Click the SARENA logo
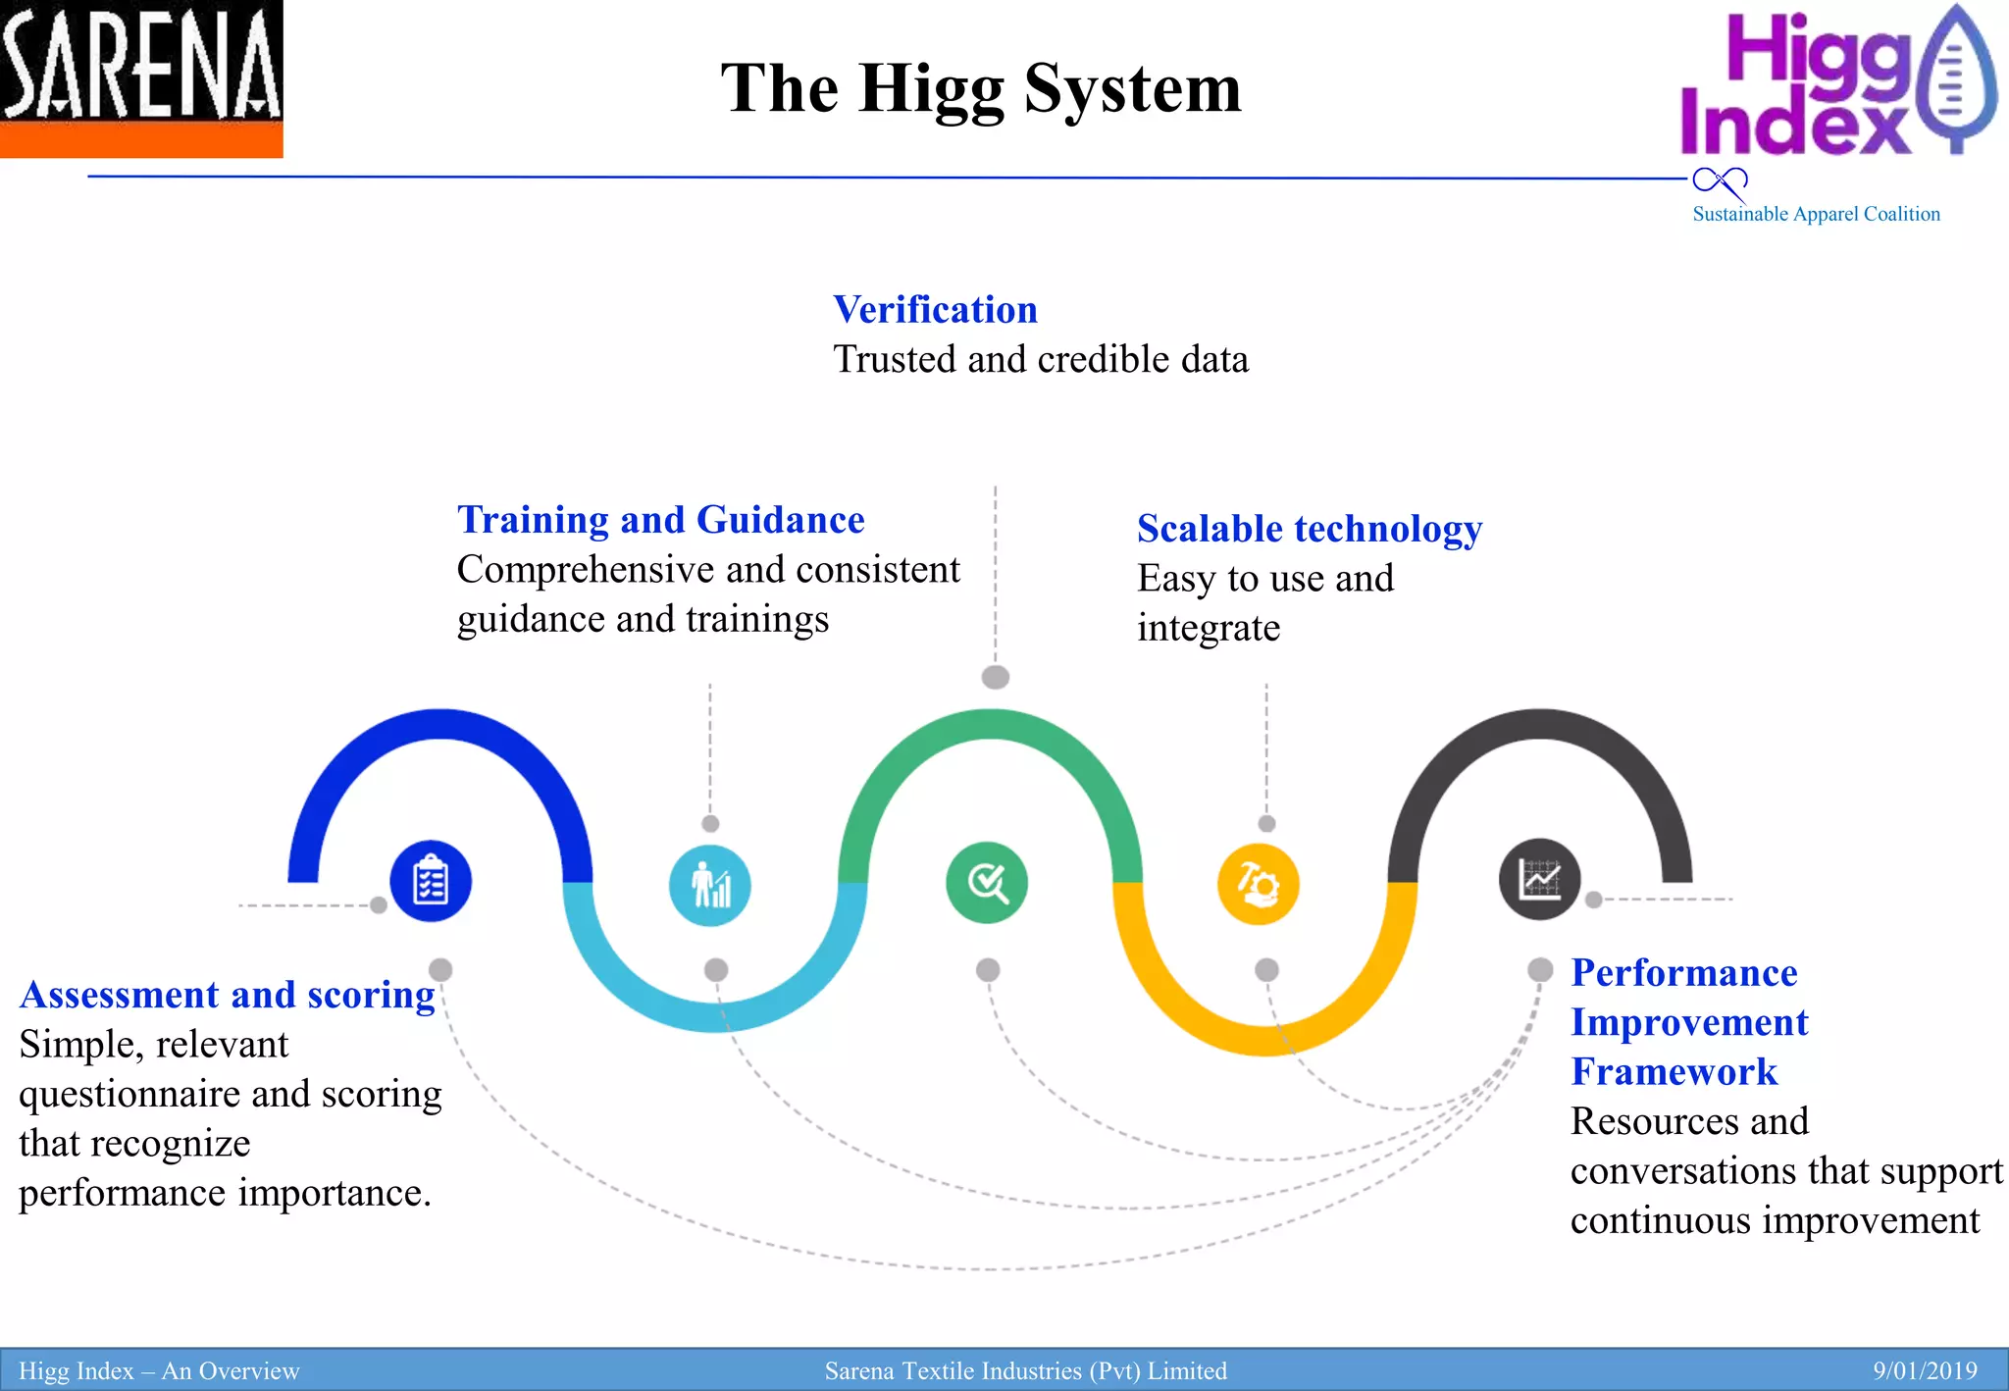tap(141, 78)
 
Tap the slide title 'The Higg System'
tap(981, 88)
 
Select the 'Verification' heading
tap(935, 310)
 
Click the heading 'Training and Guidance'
tap(661, 520)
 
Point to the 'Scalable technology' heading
tap(1309, 529)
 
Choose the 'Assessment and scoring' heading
tap(228, 995)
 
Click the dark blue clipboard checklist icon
tap(431, 881)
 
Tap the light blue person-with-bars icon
tap(710, 885)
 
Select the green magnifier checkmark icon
tap(987, 883)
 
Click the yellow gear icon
tap(1259, 884)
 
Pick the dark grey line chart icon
tap(1539, 879)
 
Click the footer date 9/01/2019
tap(1925, 1370)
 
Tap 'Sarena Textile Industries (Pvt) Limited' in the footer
tap(1025, 1370)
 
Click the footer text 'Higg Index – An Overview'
tap(159, 1370)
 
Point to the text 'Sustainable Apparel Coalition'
tap(1816, 214)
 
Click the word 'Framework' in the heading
tap(1674, 1072)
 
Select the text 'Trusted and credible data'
tap(1041, 360)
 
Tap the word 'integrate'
tap(1209, 628)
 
